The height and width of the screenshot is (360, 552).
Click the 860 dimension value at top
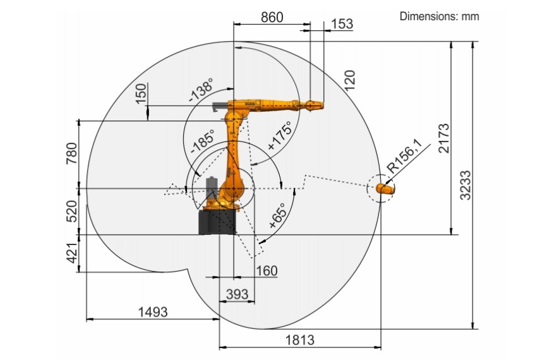(x=272, y=17)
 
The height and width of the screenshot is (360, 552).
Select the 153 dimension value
(x=342, y=24)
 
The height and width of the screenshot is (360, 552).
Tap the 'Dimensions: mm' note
(x=440, y=16)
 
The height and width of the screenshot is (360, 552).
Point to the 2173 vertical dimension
(x=444, y=138)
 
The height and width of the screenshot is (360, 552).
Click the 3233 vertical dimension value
(x=465, y=185)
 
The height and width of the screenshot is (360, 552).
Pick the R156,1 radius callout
(x=404, y=156)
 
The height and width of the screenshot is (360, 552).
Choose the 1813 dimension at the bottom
(x=299, y=340)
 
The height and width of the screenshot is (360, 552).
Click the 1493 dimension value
(x=153, y=312)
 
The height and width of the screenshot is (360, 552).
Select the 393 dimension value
(x=237, y=294)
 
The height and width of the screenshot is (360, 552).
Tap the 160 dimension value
(x=267, y=271)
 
